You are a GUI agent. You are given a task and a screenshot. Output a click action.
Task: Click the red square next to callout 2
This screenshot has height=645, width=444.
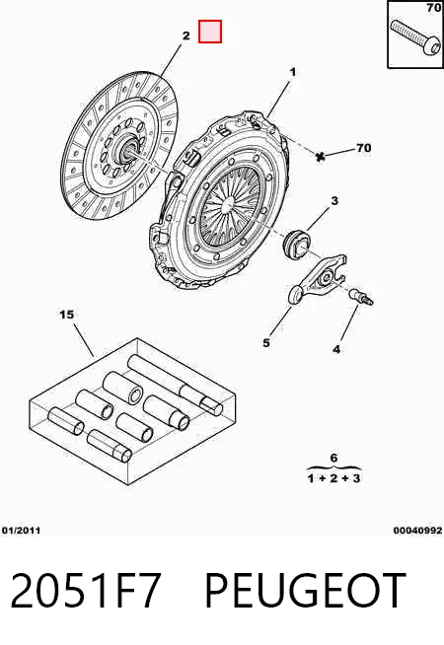[x=210, y=32]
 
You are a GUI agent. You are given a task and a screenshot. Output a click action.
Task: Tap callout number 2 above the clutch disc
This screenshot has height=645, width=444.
[x=186, y=36]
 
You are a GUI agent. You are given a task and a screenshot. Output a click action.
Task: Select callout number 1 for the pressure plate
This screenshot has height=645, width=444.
[x=293, y=72]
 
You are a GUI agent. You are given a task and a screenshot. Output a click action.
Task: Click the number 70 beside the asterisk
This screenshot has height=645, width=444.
[x=363, y=148]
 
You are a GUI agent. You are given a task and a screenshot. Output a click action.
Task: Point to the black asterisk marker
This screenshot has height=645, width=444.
[x=321, y=156]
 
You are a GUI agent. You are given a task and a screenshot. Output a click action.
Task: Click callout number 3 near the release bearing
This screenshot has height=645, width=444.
[x=334, y=201]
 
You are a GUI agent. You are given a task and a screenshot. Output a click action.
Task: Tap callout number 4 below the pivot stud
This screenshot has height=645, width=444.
[x=336, y=349]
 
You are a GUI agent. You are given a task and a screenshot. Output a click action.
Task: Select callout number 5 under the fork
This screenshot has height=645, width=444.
[x=266, y=342]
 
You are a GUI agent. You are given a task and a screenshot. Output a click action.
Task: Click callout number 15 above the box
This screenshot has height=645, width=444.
[x=67, y=315]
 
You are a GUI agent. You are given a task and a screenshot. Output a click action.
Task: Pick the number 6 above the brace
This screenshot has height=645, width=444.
[x=333, y=458]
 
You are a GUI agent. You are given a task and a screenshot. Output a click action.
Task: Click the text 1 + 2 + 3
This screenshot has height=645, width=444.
[x=334, y=478]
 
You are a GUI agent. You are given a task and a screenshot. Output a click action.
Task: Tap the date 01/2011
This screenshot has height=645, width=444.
[x=21, y=531]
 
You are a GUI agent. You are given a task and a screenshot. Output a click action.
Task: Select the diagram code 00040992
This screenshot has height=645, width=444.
[x=417, y=531]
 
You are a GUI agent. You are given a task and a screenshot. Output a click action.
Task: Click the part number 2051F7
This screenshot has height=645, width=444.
[x=85, y=591]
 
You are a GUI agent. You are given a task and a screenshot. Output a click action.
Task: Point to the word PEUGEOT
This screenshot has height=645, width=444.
[x=305, y=591]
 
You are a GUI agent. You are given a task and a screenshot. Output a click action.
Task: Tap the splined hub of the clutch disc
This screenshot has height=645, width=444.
[x=129, y=148]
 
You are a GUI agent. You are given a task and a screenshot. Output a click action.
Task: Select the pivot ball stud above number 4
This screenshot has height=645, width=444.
[x=361, y=297]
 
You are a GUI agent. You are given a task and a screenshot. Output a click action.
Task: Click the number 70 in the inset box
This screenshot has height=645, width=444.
[x=434, y=8]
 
